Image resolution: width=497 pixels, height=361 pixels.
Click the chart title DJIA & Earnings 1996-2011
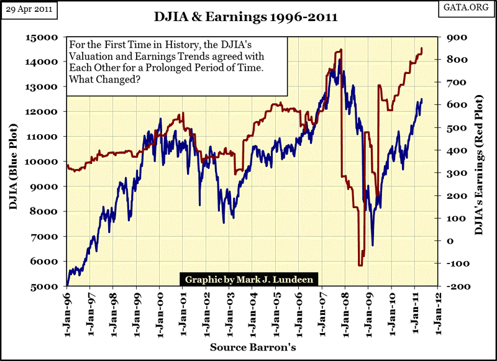pyautogui.click(x=247, y=17)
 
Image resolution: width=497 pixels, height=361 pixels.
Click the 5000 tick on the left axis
pyautogui.click(x=51, y=286)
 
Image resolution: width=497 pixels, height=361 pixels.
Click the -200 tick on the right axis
pyautogui.click(x=450, y=286)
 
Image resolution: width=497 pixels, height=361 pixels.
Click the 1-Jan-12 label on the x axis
pyautogui.click(x=437, y=309)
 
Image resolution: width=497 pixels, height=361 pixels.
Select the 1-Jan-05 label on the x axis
pyautogui.click(x=275, y=309)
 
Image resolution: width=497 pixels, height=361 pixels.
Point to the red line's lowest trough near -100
pyautogui.click(x=360, y=265)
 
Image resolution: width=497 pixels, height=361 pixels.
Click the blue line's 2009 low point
pyautogui.click(x=373, y=245)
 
